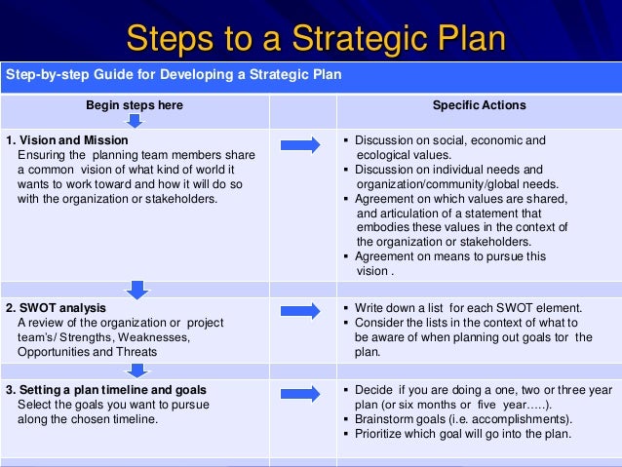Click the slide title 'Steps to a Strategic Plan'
tap(316, 40)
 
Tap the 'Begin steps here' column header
tap(135, 105)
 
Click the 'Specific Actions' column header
tap(479, 105)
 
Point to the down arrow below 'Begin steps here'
tap(135, 121)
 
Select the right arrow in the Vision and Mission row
tap(300, 145)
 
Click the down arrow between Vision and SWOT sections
tap(137, 289)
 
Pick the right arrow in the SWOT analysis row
tap(300, 309)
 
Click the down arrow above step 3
tap(137, 370)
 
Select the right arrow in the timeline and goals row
tap(300, 391)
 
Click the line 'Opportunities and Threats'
tap(84, 351)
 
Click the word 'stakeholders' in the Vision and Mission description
tap(182, 199)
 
